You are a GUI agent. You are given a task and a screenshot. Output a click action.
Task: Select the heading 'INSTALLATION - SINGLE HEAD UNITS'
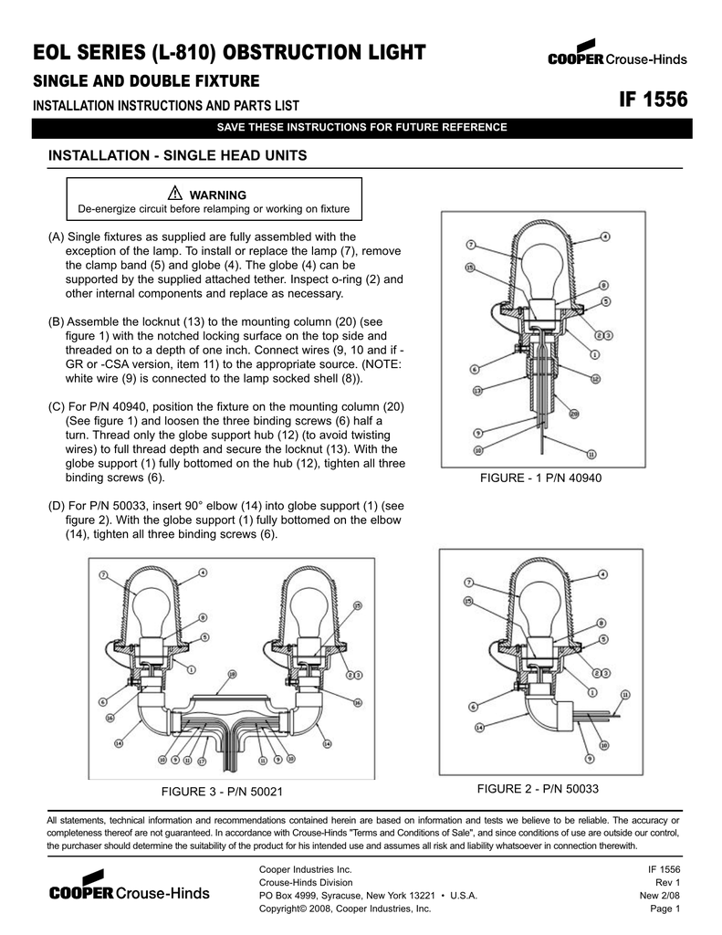[x=177, y=156]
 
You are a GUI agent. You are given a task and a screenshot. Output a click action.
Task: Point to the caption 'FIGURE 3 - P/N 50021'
[x=222, y=791]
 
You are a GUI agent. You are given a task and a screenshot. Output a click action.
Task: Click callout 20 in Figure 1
[x=574, y=413]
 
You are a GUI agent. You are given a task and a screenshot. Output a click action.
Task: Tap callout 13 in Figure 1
[x=477, y=390]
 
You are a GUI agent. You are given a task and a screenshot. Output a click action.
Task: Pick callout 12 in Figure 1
[x=595, y=378]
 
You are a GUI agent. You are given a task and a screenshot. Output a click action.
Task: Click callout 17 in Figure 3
[x=202, y=760]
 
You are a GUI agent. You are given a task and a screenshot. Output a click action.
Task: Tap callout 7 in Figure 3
[x=103, y=574]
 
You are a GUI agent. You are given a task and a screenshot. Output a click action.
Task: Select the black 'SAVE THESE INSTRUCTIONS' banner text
[x=361, y=127]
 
